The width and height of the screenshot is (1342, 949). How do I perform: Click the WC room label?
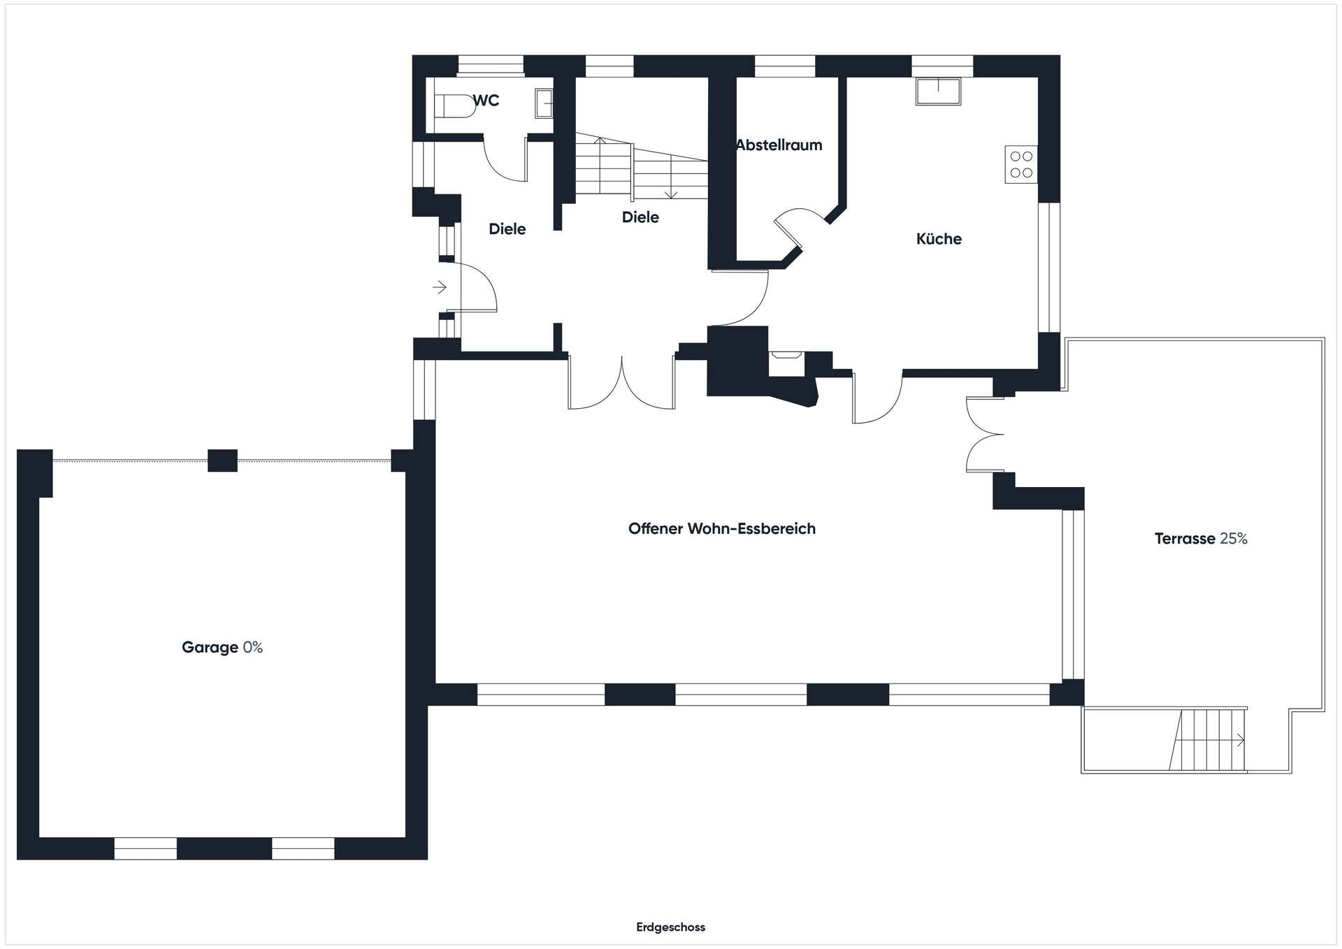tap(486, 101)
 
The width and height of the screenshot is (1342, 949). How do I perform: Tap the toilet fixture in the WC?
tap(454, 106)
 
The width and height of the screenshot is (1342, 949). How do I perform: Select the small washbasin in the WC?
tap(544, 103)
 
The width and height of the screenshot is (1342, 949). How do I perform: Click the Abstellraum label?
tap(779, 145)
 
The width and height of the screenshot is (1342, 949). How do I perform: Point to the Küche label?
tap(939, 239)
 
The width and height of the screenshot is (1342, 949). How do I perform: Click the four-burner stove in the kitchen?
tap(1021, 164)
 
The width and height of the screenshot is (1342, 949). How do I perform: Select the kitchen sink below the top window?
tap(938, 92)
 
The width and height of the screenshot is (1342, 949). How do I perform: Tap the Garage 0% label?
tap(222, 648)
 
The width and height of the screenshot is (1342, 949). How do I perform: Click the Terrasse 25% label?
tap(1201, 539)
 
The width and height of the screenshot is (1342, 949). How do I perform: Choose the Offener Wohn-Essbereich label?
tap(722, 529)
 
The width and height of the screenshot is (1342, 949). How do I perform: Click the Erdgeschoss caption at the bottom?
tap(670, 927)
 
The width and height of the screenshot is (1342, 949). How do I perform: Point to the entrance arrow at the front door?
tap(440, 287)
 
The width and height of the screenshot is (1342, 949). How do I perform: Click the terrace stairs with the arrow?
tap(1208, 740)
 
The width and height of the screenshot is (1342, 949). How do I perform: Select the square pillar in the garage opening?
tap(222, 461)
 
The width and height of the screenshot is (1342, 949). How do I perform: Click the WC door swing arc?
tap(505, 160)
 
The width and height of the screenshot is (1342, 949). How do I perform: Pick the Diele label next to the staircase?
tap(640, 217)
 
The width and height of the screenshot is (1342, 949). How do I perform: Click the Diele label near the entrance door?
tap(507, 229)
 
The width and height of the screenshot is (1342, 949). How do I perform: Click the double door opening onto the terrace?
tap(984, 435)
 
